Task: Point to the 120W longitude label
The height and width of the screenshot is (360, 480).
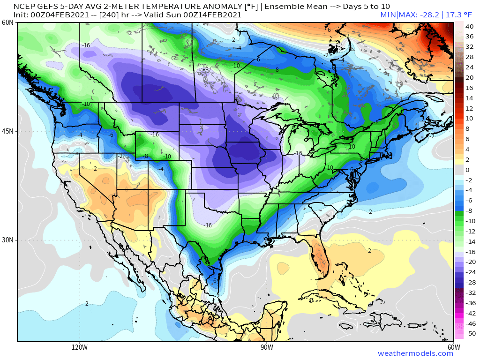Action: pyautogui.click(x=80, y=347)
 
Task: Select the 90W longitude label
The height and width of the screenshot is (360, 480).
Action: pyautogui.click(x=267, y=347)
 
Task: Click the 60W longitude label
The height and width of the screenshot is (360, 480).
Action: pyautogui.click(x=453, y=347)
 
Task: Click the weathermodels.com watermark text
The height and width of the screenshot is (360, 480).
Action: pyautogui.click(x=415, y=353)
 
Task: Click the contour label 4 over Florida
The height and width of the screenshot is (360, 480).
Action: pyautogui.click(x=322, y=273)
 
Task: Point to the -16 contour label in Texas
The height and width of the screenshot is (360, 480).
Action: pyautogui.click(x=208, y=225)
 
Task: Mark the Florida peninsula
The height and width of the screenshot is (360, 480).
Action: pyautogui.click(x=319, y=255)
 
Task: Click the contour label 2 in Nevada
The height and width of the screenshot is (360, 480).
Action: pyautogui.click(x=95, y=169)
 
